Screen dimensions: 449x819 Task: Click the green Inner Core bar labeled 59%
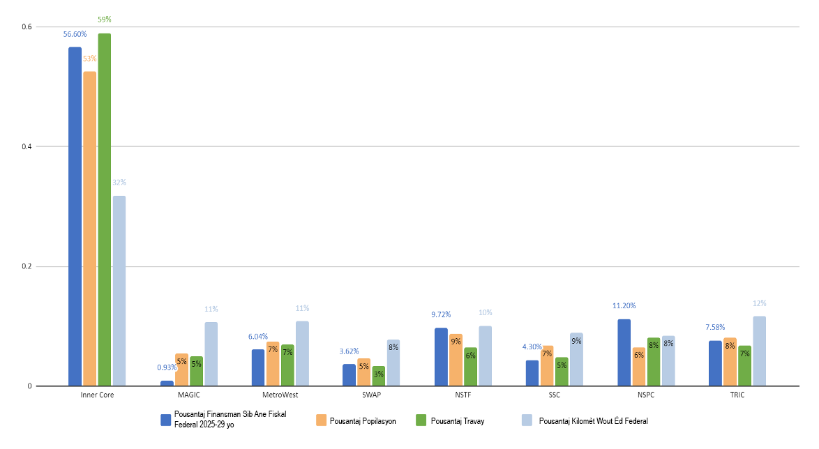(105, 209)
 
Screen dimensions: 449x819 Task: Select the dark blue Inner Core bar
(75, 216)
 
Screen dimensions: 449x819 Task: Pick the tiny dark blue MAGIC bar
(167, 383)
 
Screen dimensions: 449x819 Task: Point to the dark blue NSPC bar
(624, 352)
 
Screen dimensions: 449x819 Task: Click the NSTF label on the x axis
(463, 395)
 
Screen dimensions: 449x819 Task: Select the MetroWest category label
(280, 395)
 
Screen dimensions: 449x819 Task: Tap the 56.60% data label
(75, 34)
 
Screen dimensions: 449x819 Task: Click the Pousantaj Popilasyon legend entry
(363, 420)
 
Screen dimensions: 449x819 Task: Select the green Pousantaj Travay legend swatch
(421, 420)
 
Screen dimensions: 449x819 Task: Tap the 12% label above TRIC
(759, 303)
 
